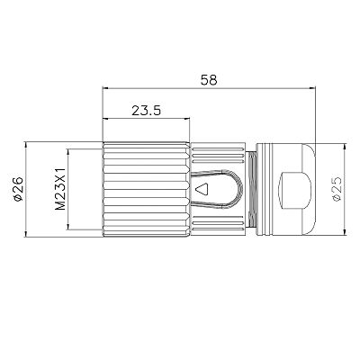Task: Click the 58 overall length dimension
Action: click(209, 80)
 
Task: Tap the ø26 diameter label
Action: click(19, 190)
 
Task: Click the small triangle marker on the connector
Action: click(202, 190)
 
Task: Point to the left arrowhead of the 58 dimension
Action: click(107, 88)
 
